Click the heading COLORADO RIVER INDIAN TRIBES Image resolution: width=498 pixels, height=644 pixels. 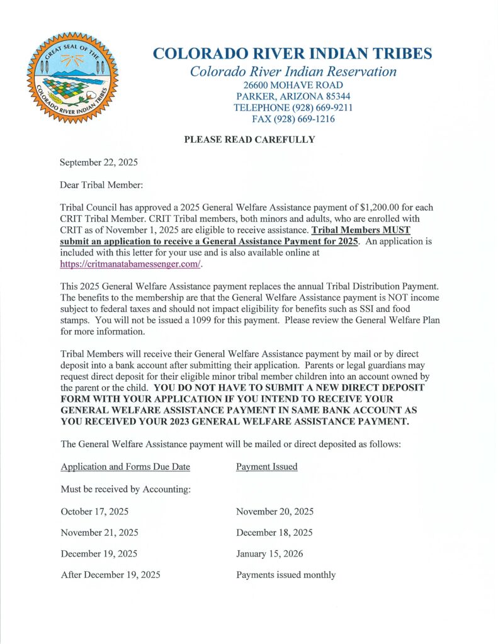click(293, 53)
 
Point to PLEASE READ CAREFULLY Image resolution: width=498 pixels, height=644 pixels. click(249, 140)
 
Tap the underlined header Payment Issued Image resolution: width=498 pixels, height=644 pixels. click(266, 467)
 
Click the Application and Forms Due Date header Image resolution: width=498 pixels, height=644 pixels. click(125, 467)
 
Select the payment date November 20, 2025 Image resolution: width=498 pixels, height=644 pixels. click(274, 511)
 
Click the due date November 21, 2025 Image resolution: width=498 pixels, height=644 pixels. click(99, 533)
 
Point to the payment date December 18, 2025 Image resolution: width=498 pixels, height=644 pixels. click(274, 533)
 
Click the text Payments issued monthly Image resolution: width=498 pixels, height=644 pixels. click(286, 575)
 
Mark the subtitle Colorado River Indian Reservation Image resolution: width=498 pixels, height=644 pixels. click(293, 71)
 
